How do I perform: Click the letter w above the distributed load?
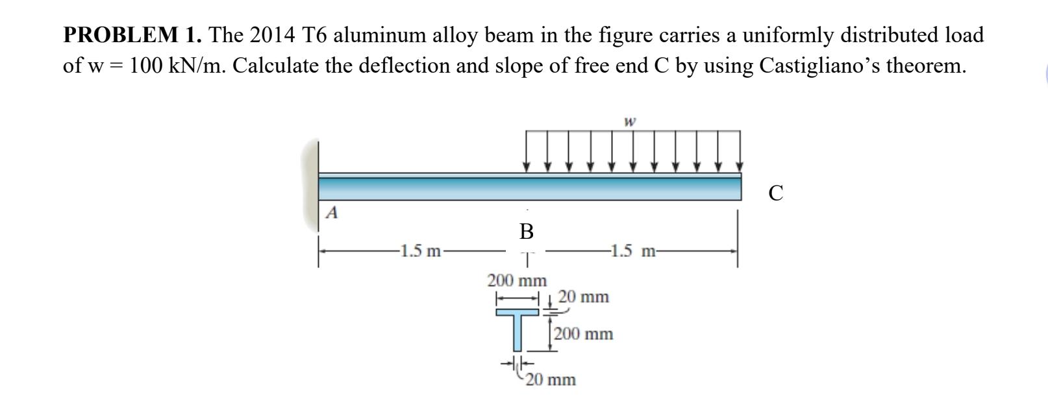click(x=629, y=121)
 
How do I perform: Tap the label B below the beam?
click(x=526, y=231)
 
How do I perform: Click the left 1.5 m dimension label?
click(x=421, y=251)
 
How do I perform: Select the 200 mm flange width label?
click(x=517, y=281)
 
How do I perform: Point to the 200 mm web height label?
click(x=584, y=335)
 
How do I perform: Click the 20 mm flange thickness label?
click(x=584, y=297)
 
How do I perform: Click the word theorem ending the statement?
click(x=920, y=66)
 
